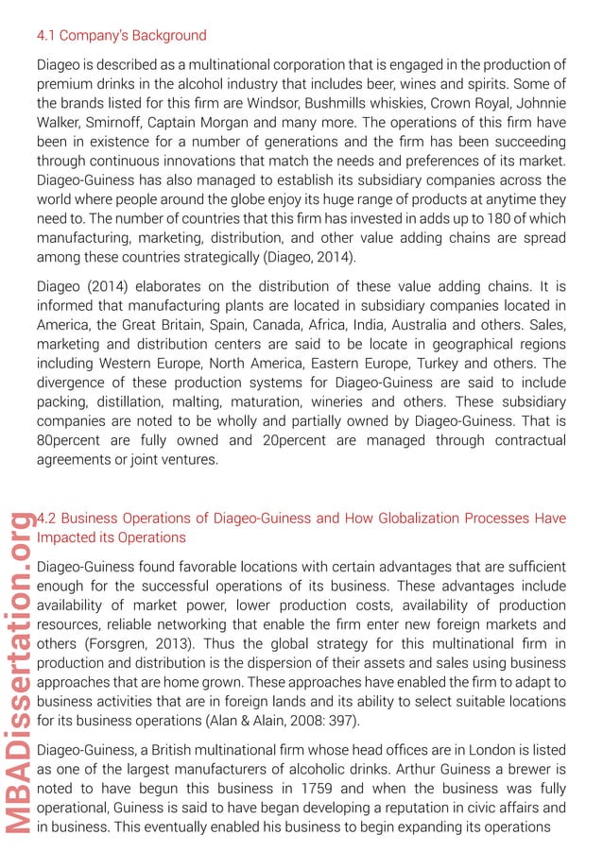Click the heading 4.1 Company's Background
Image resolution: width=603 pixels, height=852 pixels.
click(121, 36)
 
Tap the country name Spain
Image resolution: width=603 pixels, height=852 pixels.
click(248, 324)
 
